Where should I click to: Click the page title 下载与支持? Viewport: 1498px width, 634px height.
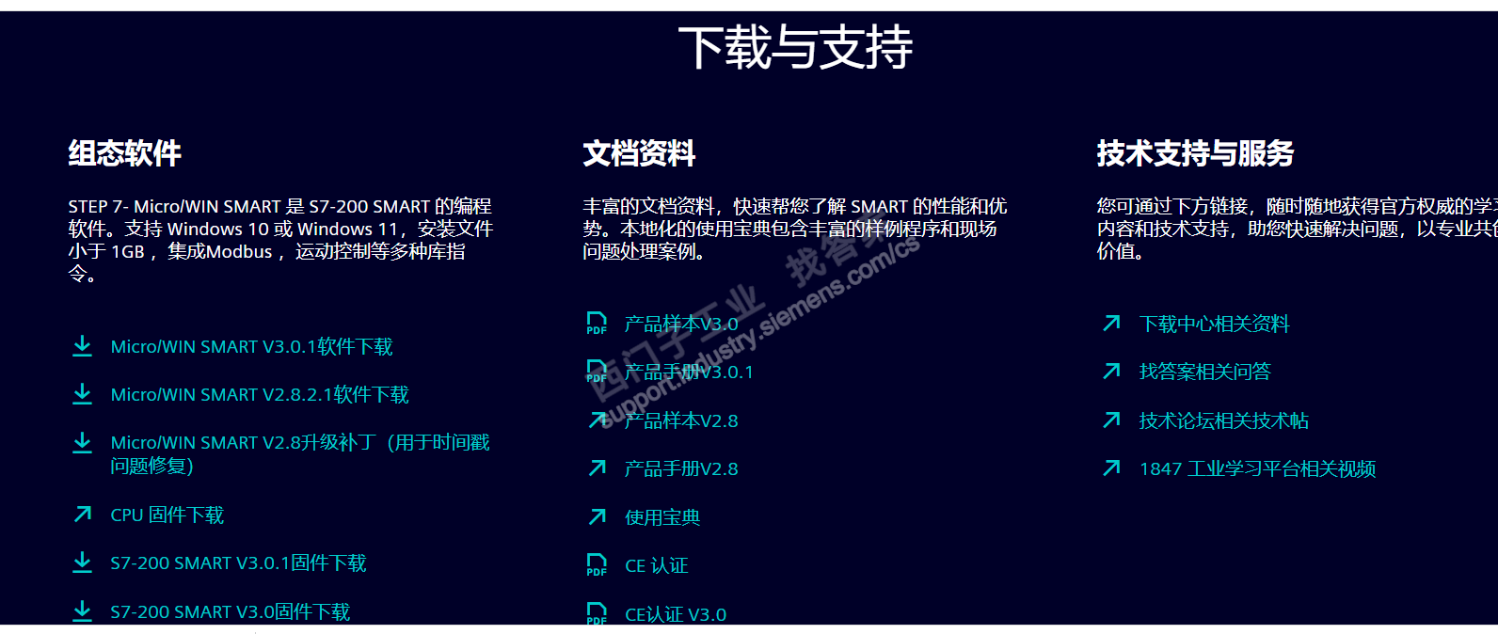tap(795, 47)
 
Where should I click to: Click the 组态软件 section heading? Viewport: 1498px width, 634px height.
tap(124, 153)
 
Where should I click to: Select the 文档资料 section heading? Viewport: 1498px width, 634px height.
tap(639, 153)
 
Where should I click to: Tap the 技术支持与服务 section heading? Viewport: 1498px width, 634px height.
tap(1195, 153)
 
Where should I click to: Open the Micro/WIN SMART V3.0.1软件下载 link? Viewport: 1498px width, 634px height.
tap(251, 347)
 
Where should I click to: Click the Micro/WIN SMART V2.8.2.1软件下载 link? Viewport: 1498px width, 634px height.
tap(260, 395)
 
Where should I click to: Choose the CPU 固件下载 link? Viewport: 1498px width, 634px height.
tap(167, 515)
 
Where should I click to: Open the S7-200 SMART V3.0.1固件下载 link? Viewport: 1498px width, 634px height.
tap(238, 563)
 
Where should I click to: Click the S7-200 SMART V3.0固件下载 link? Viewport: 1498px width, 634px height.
tap(230, 612)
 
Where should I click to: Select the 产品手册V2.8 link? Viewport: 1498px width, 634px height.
tap(681, 468)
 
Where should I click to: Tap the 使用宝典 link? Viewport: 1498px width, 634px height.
tap(662, 517)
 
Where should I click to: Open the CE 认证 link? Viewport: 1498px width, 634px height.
tap(657, 565)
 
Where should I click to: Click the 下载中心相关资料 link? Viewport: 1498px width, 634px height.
tap(1214, 325)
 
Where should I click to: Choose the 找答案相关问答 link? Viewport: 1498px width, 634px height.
tap(1204, 372)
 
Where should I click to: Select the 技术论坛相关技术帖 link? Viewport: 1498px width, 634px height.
tap(1223, 420)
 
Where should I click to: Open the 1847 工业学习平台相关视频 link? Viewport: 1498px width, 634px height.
tap(1257, 468)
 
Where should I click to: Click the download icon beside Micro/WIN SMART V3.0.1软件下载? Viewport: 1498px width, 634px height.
tap(83, 346)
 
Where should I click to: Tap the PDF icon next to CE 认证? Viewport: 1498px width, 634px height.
tap(597, 564)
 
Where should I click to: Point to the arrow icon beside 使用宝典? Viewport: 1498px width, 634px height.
tap(598, 516)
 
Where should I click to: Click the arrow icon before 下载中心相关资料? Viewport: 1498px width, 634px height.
tap(1111, 324)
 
